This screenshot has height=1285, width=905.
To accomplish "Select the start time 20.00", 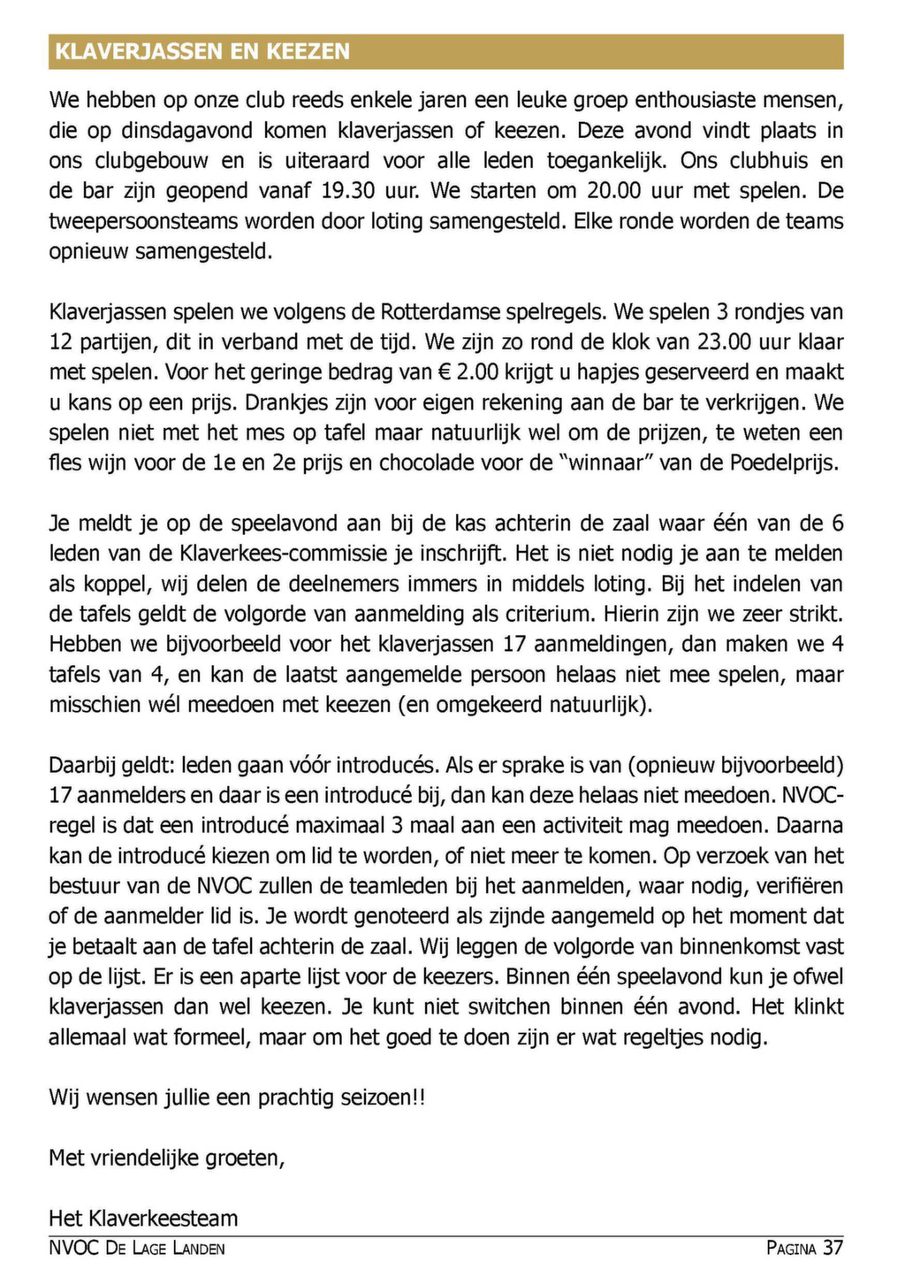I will point(615,191).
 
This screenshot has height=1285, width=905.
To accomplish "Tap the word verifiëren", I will point(798,886).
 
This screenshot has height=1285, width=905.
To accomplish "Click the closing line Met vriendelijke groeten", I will point(167,1158).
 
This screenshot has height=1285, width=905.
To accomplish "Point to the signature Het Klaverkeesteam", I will point(143,1218).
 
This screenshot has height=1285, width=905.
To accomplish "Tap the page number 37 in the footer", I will point(833,1248).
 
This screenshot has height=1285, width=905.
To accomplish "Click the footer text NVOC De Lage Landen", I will point(137,1248).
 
